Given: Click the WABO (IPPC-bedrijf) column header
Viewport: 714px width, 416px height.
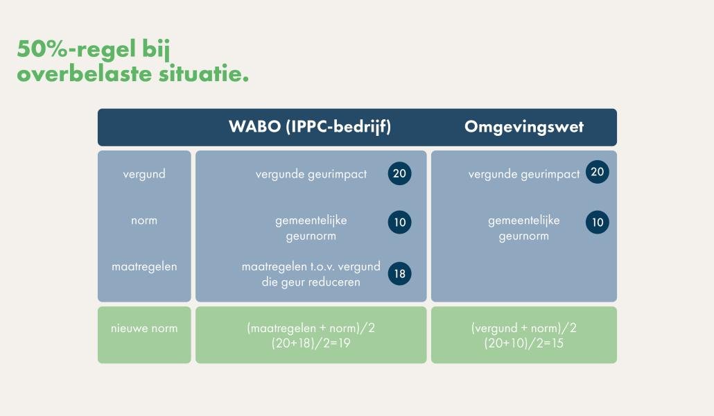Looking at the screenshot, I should point(310,128).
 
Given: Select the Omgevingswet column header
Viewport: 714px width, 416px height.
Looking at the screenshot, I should point(523,128).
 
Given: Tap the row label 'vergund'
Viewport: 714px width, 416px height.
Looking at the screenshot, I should point(144,174).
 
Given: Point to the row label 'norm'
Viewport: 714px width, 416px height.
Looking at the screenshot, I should point(144,220).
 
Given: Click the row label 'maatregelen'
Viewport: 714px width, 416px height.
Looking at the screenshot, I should point(144,266).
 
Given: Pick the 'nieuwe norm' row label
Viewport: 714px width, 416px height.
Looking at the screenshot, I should point(144,328).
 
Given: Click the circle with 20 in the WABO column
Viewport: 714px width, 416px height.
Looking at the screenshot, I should point(399,173).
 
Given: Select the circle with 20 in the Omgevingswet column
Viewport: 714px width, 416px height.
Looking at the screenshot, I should point(597,173).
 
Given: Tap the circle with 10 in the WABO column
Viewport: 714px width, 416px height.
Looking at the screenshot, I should point(399,222).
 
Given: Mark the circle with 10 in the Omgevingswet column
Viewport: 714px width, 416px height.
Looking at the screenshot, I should point(597,222).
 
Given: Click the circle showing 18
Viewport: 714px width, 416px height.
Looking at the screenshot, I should point(399,273).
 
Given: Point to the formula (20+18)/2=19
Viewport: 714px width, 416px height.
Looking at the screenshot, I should point(311,343).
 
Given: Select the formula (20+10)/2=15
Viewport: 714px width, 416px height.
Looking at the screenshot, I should point(523,343).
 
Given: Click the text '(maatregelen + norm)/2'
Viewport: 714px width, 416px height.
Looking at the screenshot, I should point(311,328).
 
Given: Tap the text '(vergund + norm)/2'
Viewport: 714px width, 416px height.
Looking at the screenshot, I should point(523,328).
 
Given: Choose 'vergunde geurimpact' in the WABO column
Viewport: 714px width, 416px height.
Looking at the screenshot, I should point(311,174).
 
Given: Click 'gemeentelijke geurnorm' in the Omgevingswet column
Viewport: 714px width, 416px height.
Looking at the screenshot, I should point(523,228).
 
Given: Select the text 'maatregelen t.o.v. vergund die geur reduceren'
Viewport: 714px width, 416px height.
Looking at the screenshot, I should point(311,274).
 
